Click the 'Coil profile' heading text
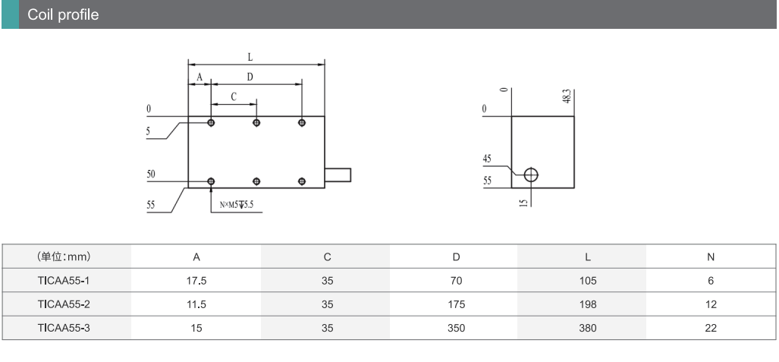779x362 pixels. coord(63,14)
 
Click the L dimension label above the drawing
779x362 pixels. coord(250,56)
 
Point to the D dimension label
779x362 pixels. coord(250,77)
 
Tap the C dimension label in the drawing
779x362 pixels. coord(234,96)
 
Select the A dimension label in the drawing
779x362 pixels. coord(199,77)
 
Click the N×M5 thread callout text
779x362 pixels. coord(237,205)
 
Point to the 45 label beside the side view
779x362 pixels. coord(487,159)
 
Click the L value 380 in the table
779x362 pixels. coord(587,329)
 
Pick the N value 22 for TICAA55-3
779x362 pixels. coord(710,329)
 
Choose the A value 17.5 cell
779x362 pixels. coord(196,281)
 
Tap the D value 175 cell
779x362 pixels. coord(456,304)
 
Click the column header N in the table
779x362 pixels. coord(710,257)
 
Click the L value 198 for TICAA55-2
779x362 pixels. coord(587,304)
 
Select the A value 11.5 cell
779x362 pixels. coord(196,304)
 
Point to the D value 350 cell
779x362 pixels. coord(456,329)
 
